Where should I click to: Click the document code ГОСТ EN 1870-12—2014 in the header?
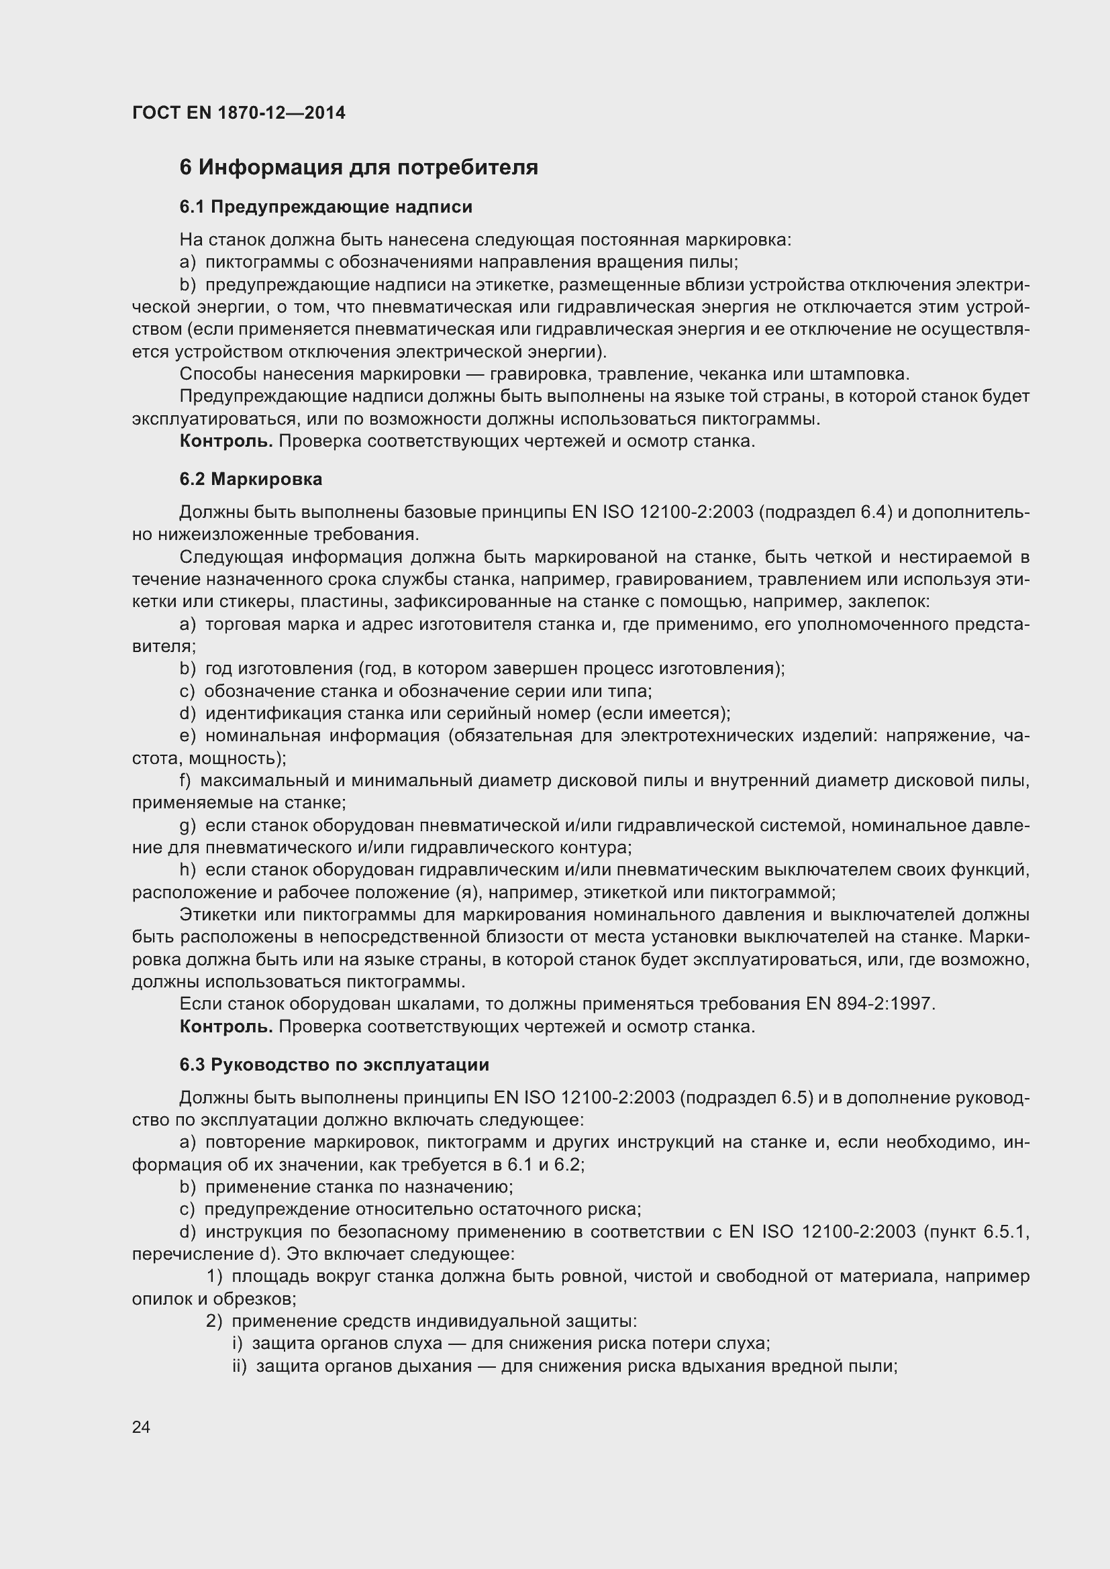click(x=238, y=113)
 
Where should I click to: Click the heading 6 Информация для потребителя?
click(x=358, y=168)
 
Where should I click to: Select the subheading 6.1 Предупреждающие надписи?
click(x=325, y=207)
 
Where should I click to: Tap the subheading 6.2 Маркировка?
click(x=251, y=479)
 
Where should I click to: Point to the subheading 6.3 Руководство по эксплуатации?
click(x=334, y=1065)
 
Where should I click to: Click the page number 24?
click(x=141, y=1427)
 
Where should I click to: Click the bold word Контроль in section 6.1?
click(x=225, y=441)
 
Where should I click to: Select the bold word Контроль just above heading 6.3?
click(x=225, y=1026)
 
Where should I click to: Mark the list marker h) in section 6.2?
click(x=187, y=870)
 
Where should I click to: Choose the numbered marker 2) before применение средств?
click(x=215, y=1321)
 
